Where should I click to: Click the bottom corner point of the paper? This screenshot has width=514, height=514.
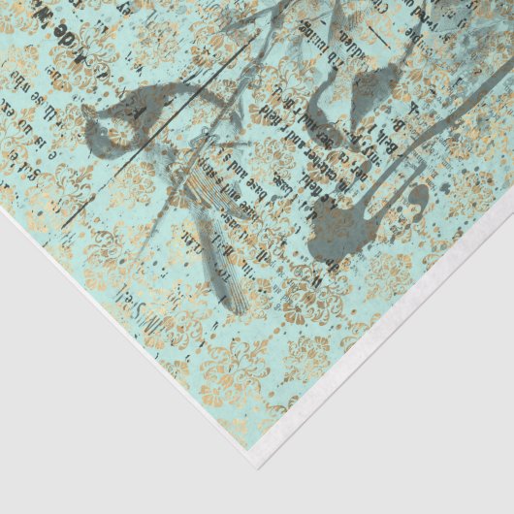click(x=257, y=466)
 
